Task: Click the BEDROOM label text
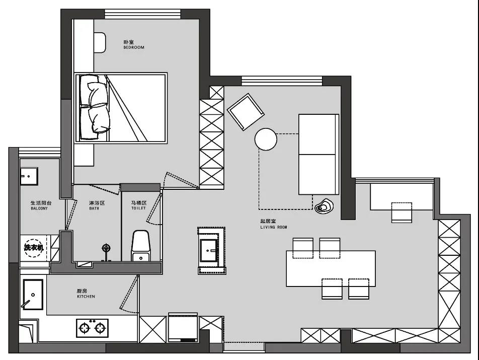point(134,47)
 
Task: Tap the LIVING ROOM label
point(274,228)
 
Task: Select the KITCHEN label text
point(86,297)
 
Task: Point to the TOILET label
point(139,208)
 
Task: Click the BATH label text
point(94,208)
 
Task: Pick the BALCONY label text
point(39,208)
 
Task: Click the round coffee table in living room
point(266,139)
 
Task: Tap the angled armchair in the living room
point(246,112)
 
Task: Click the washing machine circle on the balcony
point(34,248)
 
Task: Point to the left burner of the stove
point(85,328)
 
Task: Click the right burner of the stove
point(100,328)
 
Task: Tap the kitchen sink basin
point(33,295)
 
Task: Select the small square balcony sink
point(29,176)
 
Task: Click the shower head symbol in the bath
point(106,248)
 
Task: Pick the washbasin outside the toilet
point(209,251)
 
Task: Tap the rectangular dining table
point(331,269)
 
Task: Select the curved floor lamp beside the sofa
point(324,206)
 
